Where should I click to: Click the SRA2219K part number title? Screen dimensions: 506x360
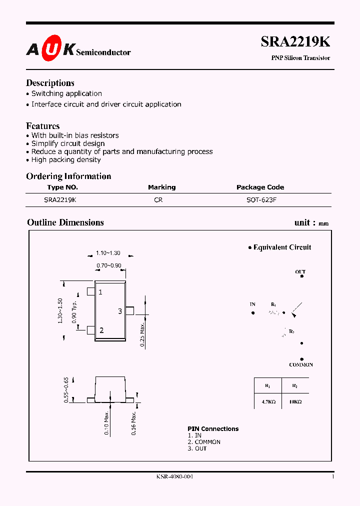[x=295, y=42]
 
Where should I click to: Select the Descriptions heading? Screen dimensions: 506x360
[x=50, y=83]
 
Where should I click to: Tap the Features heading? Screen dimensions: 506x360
[x=42, y=126]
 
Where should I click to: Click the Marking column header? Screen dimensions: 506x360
[x=161, y=187]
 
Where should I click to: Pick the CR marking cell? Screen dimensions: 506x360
[x=158, y=199]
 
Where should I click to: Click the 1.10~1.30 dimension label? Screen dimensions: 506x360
[x=108, y=253]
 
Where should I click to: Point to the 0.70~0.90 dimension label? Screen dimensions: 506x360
[x=108, y=265]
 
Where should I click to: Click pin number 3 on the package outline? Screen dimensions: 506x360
[x=120, y=311]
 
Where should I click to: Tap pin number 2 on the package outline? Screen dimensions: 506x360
[x=101, y=330]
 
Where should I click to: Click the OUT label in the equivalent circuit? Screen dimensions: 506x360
[x=300, y=272]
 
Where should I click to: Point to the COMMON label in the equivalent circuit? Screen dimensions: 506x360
[x=301, y=365]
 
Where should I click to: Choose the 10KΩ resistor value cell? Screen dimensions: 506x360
[x=295, y=401]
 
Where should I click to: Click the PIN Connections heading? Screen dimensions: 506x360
[x=213, y=429]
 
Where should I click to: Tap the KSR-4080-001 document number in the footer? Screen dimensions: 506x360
[x=174, y=476]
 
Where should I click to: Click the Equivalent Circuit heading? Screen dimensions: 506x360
[x=282, y=247]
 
